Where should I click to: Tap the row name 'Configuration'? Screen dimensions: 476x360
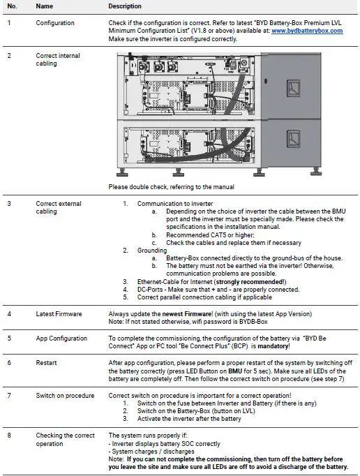55,23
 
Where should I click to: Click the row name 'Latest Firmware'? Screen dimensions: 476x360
59,315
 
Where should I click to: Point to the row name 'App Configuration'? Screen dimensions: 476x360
61,339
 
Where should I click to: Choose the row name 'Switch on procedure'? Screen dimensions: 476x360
64,396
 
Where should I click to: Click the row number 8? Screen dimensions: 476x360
9,435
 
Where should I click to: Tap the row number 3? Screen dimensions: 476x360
9,204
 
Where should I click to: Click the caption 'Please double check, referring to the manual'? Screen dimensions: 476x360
171,187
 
